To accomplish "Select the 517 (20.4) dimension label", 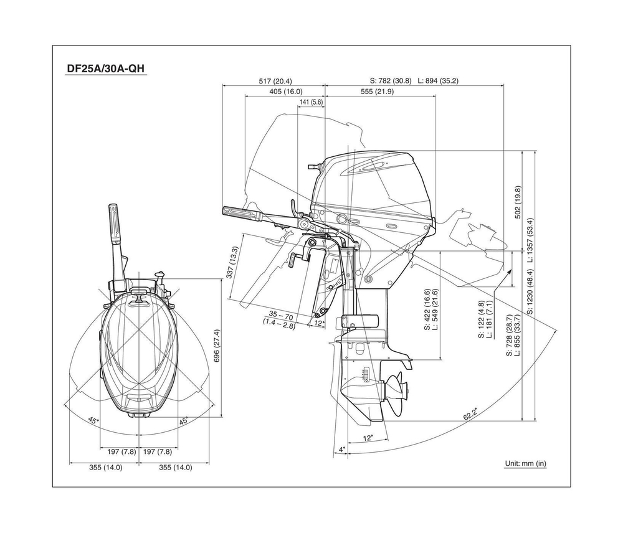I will pos(274,81).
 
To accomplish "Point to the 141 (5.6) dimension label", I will pos(311,102).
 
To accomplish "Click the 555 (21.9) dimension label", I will pos(377,92).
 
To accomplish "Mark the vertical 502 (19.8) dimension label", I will pos(518,202).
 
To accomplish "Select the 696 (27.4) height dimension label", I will pos(216,345).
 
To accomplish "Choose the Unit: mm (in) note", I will pos(525,463).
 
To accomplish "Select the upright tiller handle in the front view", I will pos(116,228).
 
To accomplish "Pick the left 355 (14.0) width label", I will pos(105,467).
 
